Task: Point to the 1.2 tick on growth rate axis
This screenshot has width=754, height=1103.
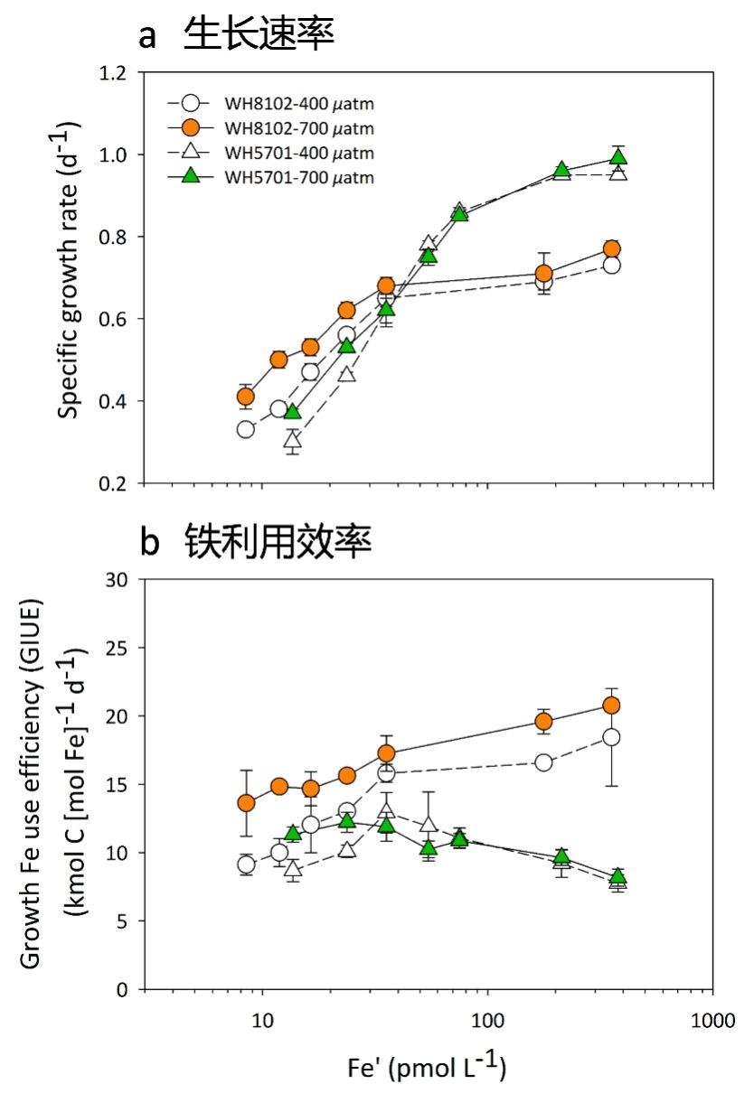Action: [x=119, y=72]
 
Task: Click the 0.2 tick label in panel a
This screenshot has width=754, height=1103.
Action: [x=119, y=483]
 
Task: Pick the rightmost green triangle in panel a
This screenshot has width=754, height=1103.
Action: [x=618, y=157]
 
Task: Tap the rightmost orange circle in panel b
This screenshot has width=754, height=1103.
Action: [x=611, y=706]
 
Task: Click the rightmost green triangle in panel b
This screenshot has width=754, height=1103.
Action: [x=617, y=877]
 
